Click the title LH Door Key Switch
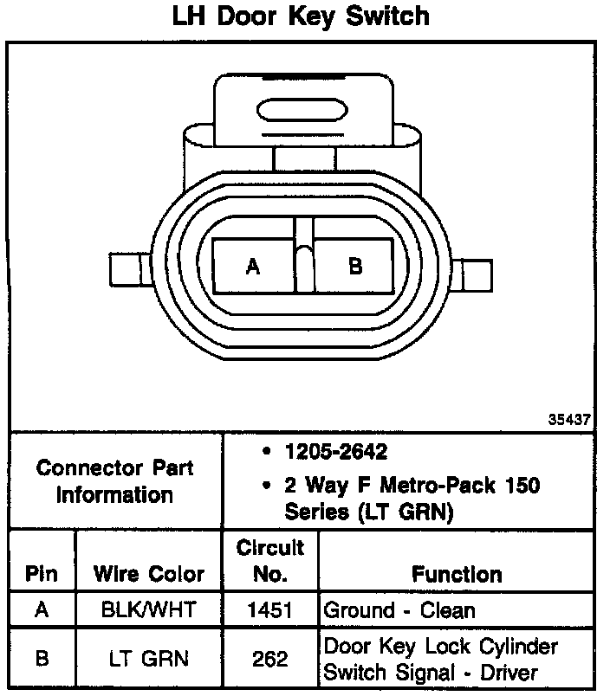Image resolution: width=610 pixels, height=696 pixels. click(301, 16)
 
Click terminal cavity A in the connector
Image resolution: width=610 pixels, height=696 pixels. click(253, 267)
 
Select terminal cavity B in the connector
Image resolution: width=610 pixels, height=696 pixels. click(354, 267)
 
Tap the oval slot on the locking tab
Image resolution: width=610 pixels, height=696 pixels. click(302, 110)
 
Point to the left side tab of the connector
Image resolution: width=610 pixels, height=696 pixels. click(131, 269)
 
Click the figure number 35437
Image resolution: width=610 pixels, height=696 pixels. click(569, 420)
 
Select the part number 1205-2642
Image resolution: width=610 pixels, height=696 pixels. click(336, 452)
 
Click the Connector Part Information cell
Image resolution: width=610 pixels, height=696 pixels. click(115, 481)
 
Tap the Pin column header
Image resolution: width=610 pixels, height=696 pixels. click(42, 573)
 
